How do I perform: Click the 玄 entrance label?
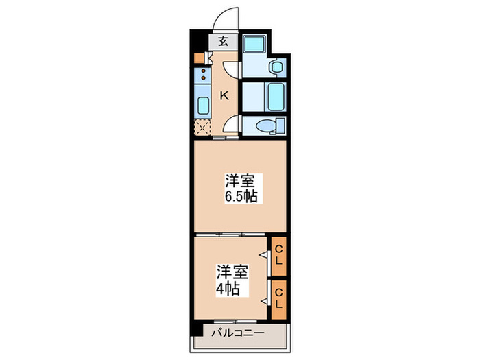224,40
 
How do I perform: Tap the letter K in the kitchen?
224,95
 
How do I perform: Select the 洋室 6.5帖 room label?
240,188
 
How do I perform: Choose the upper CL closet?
278,255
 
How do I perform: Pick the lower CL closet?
278,298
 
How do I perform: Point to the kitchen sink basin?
203,104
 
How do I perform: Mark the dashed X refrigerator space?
203,127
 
